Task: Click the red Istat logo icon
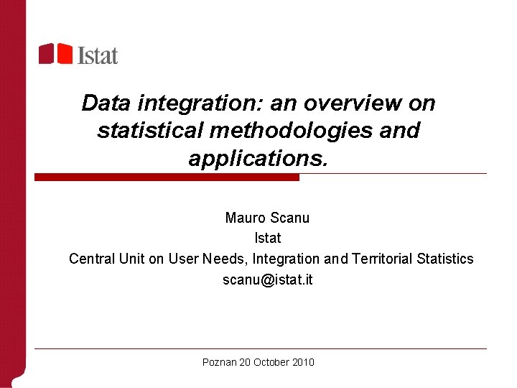point(55,53)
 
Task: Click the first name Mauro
point(244,218)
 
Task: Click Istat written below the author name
point(268,238)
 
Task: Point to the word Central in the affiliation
point(90,259)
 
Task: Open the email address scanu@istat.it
point(267,280)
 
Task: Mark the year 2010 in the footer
point(304,363)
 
